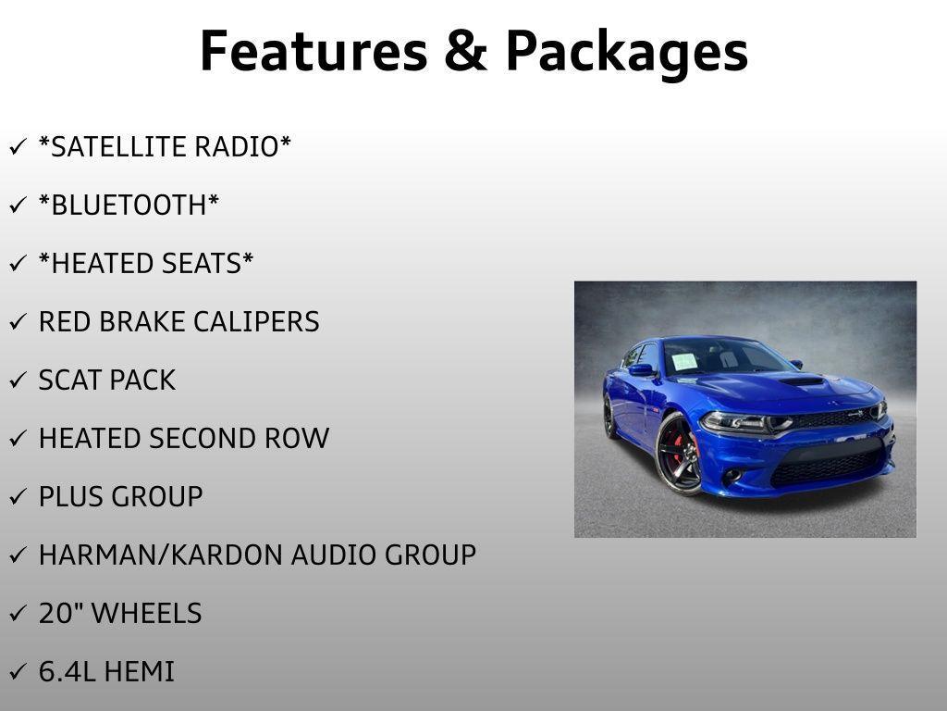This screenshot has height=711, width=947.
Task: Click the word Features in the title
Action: pyautogui.click(x=314, y=51)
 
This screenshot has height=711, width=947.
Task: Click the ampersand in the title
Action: pyautogui.click(x=466, y=52)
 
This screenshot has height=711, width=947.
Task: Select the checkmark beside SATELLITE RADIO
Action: pyautogui.click(x=18, y=146)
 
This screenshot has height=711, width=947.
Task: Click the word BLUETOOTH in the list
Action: pyautogui.click(x=129, y=205)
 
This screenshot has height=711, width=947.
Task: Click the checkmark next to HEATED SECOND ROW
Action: pyautogui.click(x=18, y=438)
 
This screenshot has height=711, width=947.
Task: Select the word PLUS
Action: pyautogui.click(x=70, y=497)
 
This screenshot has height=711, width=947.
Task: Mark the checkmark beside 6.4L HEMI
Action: pyautogui.click(x=18, y=671)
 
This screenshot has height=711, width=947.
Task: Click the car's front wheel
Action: pyautogui.click(x=679, y=454)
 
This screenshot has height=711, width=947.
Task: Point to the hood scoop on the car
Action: pyautogui.click(x=802, y=381)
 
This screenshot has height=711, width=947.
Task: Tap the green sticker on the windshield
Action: pyautogui.click(x=684, y=362)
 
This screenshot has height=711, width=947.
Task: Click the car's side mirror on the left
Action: pyautogui.click(x=642, y=369)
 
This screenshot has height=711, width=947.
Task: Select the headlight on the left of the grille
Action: pyautogui.click(x=744, y=422)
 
